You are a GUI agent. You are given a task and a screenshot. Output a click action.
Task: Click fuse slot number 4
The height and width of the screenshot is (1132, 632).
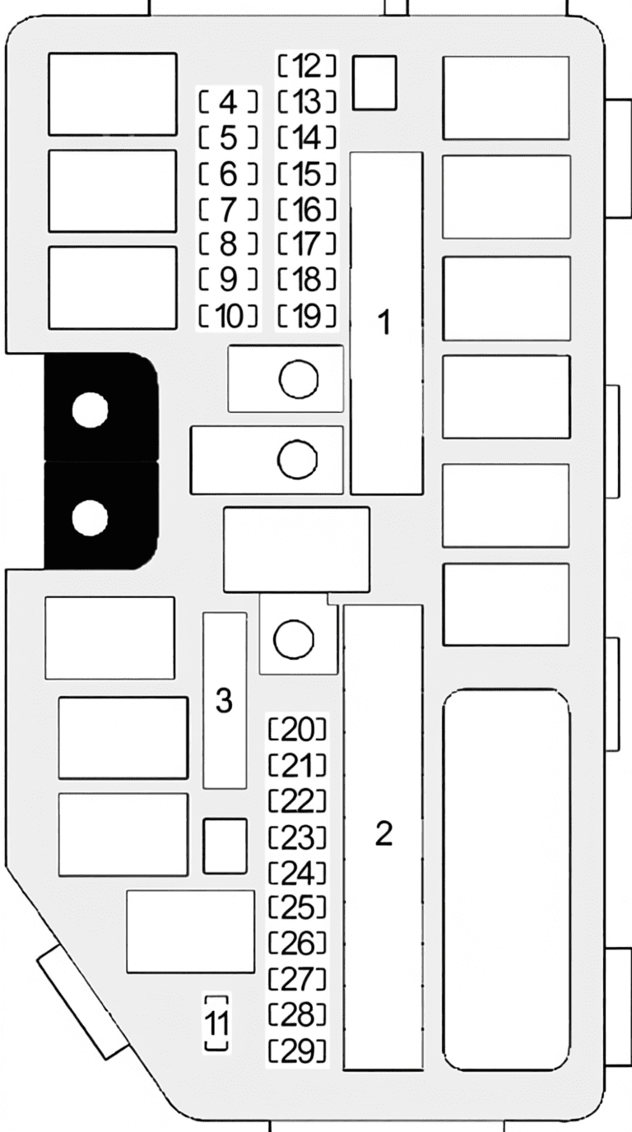(229, 103)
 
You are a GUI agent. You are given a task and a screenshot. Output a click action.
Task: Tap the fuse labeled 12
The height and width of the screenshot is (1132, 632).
(307, 66)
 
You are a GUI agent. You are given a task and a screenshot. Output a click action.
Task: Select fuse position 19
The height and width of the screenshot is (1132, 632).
(307, 317)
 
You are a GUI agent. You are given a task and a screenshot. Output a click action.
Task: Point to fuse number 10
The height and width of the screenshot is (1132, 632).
(229, 317)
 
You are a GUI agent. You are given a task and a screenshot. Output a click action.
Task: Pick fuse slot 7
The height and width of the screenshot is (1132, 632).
(229, 209)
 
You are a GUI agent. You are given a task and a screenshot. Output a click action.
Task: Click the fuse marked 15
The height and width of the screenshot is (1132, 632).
(307, 174)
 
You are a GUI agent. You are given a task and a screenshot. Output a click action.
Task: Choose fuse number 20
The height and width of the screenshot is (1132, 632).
(297, 730)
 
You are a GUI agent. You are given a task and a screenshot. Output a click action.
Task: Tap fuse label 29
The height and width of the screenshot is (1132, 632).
(297, 1051)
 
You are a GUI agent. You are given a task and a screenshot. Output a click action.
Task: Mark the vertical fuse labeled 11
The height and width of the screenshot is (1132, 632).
(217, 1024)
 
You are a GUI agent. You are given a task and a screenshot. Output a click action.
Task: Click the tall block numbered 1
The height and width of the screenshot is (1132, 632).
(387, 323)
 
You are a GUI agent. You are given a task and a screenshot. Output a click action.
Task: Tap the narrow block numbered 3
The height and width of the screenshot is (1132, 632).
(225, 700)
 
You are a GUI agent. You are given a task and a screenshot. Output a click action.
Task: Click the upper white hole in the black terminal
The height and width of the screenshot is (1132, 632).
(90, 410)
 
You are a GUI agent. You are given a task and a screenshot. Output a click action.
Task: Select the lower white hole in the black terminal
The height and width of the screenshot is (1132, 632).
(90, 517)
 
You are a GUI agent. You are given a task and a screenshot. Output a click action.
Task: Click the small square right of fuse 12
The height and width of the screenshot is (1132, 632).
(374, 82)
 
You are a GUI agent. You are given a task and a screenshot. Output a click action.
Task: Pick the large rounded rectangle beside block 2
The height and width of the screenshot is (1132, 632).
(506, 879)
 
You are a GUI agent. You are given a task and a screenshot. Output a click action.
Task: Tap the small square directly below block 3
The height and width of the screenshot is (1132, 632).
(225, 847)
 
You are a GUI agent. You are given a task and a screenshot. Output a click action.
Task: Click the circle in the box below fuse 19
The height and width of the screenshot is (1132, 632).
(299, 379)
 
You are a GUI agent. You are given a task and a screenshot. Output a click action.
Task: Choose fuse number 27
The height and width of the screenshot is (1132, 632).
(297, 979)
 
